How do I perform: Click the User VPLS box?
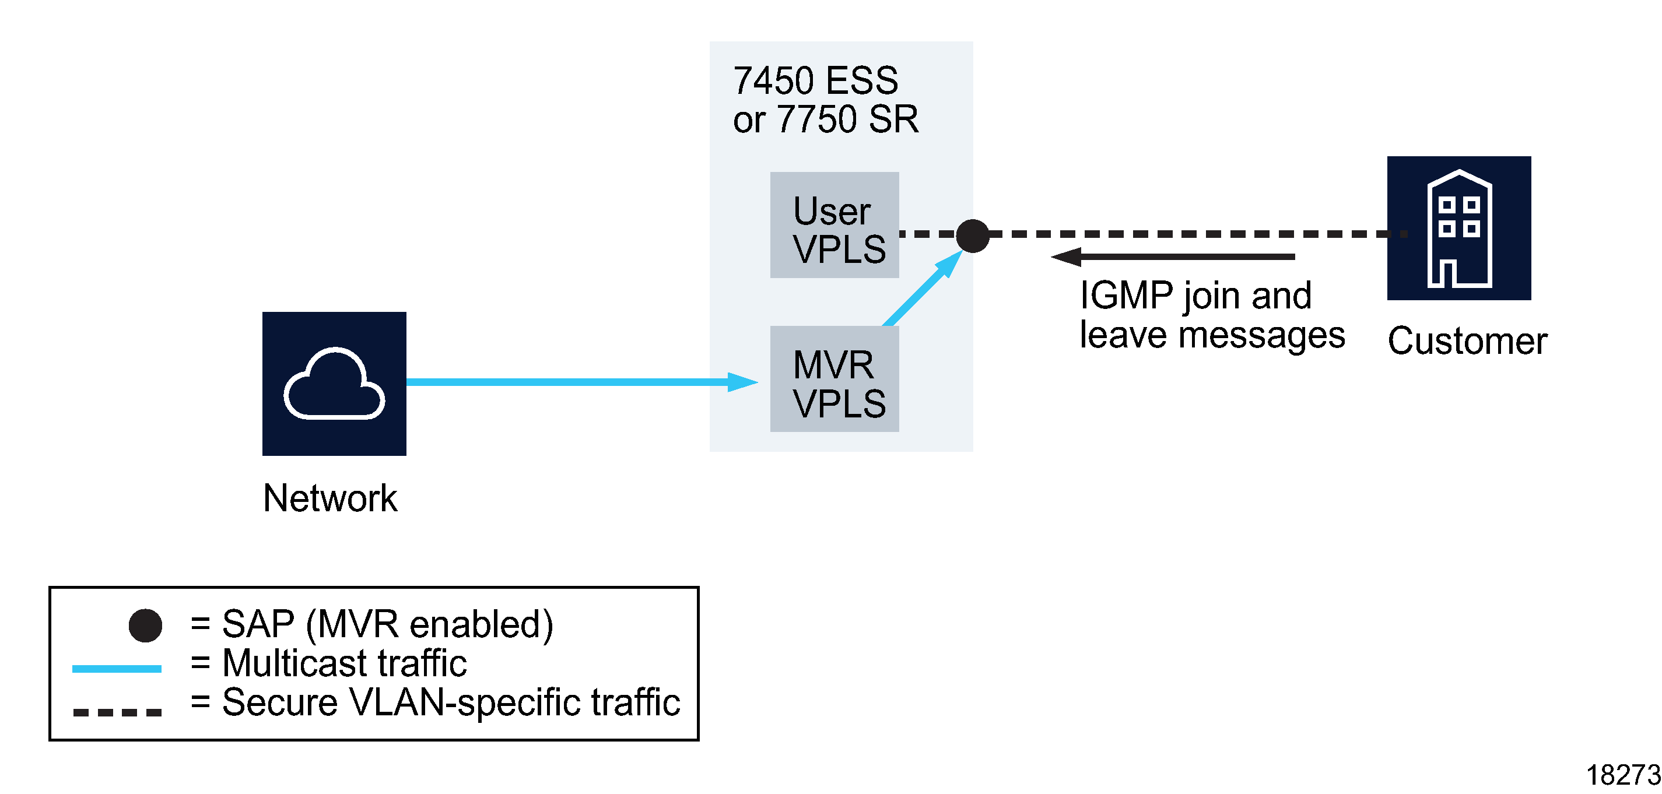click(834, 224)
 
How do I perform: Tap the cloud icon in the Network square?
click(334, 384)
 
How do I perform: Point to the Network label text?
click(329, 498)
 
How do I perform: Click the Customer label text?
click(1467, 340)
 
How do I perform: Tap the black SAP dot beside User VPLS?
click(972, 236)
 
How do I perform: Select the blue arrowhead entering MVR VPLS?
click(742, 382)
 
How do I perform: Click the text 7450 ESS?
click(815, 80)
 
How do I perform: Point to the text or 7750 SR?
click(825, 120)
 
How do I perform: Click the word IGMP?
click(1126, 296)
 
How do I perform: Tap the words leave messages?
click(1212, 335)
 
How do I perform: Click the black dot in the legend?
click(145, 625)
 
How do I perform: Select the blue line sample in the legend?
click(117, 669)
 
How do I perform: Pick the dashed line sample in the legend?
click(117, 712)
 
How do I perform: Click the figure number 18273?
click(1622, 775)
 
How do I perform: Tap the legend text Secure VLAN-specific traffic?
click(450, 702)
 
